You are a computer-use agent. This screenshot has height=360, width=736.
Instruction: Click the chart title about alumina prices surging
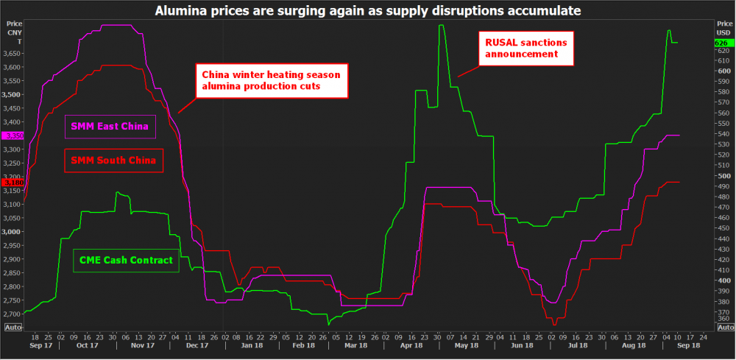368,10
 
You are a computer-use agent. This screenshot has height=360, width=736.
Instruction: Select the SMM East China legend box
110,127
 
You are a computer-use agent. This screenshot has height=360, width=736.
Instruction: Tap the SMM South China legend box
113,160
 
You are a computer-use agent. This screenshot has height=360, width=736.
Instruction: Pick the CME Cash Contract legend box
126,260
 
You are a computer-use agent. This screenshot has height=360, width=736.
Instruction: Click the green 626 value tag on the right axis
723,43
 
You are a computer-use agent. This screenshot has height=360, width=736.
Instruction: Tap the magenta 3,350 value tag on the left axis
13,136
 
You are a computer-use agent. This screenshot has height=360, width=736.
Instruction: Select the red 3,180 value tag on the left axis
13,182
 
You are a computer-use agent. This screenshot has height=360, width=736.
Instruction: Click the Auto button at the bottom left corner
13,327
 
